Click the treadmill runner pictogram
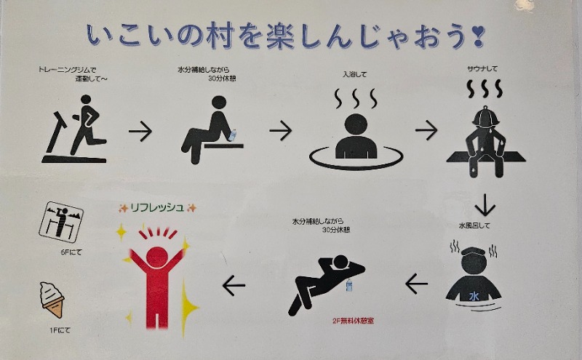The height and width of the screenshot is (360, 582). click(x=76, y=134)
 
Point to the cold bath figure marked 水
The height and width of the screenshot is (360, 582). click(x=473, y=281)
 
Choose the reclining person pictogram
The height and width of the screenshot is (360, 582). click(x=323, y=281)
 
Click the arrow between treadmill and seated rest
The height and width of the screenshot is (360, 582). click(x=140, y=131)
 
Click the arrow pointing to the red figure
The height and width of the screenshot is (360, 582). click(x=234, y=284)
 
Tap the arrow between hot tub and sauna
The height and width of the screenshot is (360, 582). click(x=426, y=130)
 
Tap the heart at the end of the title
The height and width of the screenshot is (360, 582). click(x=478, y=33)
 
